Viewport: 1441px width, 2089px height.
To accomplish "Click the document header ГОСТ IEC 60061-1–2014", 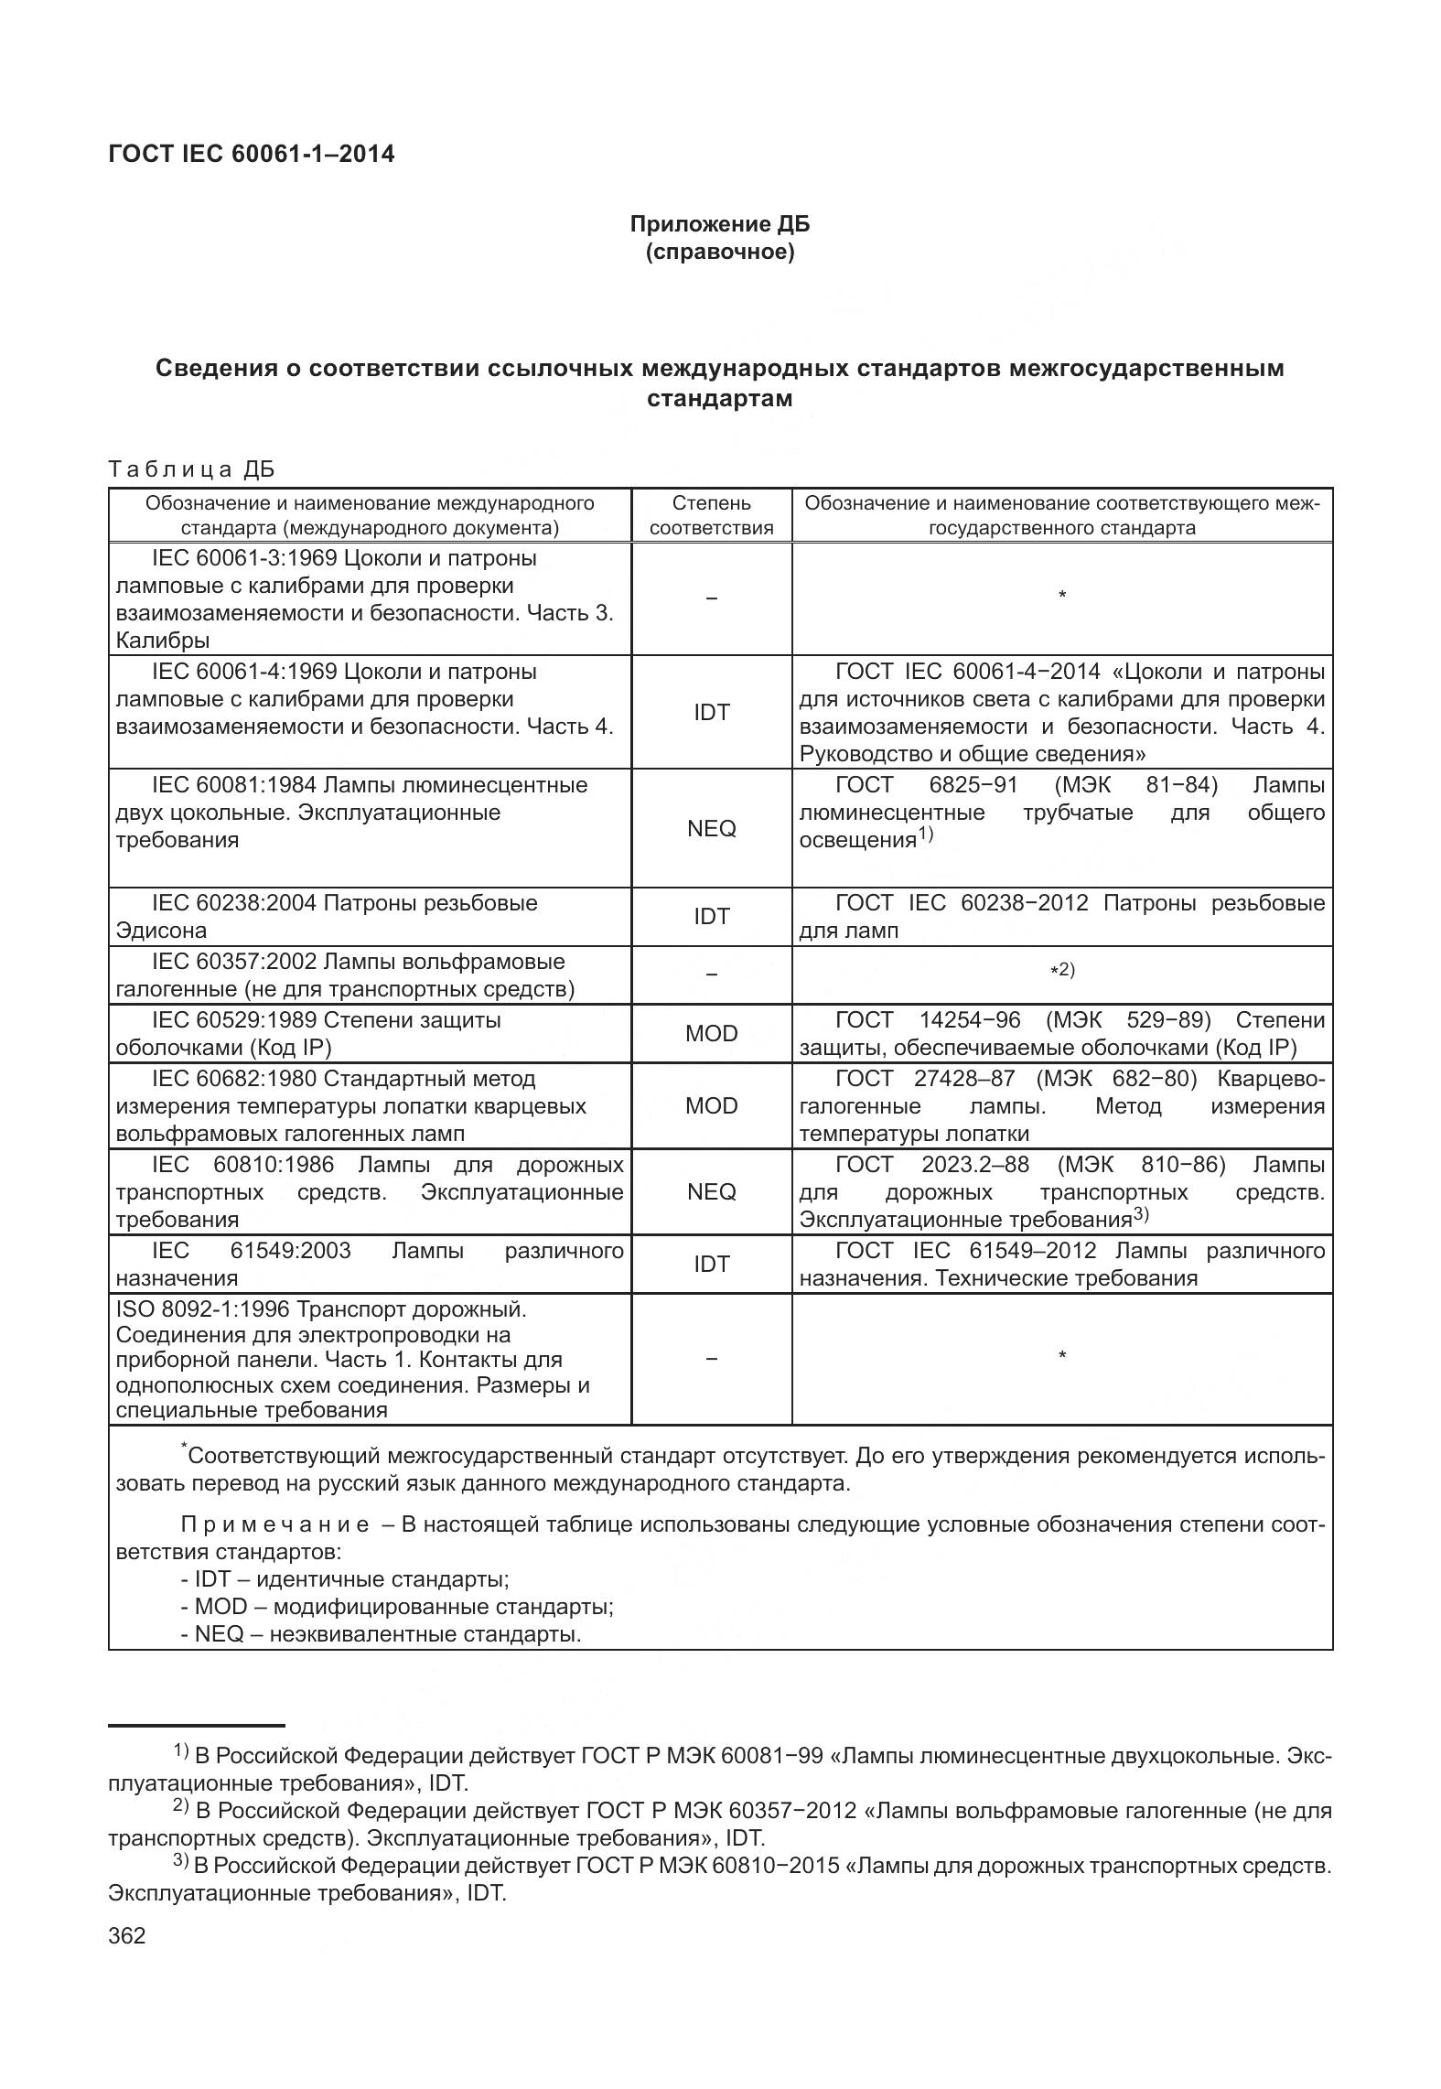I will click(252, 154).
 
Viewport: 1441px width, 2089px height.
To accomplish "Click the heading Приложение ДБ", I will click(719, 224).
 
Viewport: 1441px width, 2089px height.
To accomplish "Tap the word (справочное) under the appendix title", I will click(719, 252).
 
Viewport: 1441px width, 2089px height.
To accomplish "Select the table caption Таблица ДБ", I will click(191, 469).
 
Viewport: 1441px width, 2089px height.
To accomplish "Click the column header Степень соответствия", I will click(711, 515).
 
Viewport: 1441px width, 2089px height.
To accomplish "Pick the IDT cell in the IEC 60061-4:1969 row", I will click(711, 713).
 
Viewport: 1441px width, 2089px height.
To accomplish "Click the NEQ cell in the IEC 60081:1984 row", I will click(711, 828).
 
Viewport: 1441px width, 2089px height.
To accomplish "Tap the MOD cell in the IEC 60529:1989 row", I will click(711, 1033).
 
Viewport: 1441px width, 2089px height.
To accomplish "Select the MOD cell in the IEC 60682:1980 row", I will click(711, 1105).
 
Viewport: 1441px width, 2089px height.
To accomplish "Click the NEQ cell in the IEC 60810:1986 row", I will click(711, 1191).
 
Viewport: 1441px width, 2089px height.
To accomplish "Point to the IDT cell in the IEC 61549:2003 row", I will click(711, 1264).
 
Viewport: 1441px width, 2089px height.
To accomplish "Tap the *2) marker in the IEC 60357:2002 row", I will click(1061, 970).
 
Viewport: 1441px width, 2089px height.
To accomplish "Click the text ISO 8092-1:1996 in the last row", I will click(203, 1309).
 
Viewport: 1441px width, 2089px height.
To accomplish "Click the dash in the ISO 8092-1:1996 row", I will click(711, 1358).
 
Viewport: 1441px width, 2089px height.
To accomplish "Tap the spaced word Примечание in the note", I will click(274, 1524).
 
